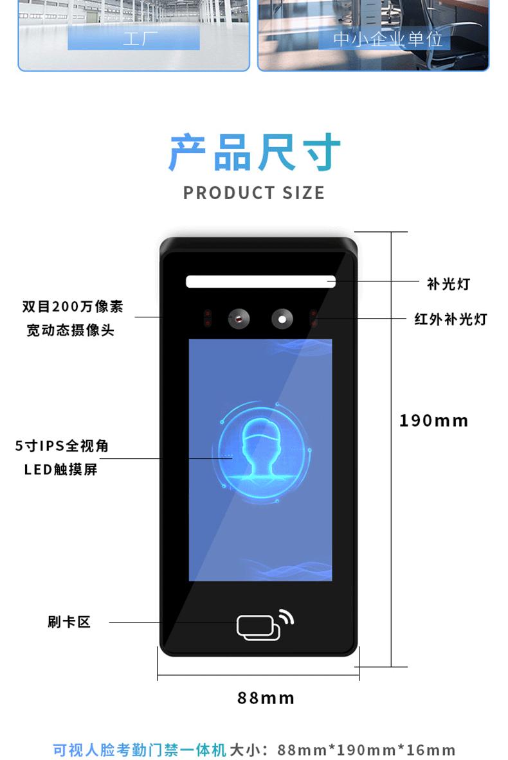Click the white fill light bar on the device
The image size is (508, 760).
(260, 281)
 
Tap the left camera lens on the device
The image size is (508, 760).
(239, 318)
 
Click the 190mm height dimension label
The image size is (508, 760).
(433, 421)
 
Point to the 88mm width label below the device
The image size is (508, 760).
(266, 698)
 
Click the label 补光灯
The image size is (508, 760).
(448, 283)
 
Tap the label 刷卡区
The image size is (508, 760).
(69, 622)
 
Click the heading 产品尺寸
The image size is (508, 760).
(254, 153)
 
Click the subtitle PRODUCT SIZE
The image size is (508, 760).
(254, 193)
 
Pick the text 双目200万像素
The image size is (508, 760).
(73, 306)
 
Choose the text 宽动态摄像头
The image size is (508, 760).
(70, 330)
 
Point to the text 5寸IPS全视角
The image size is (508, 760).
(62, 446)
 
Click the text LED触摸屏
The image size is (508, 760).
(60, 470)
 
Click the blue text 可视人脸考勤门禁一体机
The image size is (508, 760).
(140, 750)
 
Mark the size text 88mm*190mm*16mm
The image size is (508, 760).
(367, 750)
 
